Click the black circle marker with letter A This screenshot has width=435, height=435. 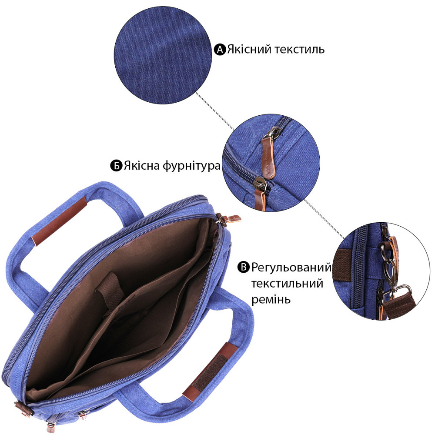(220, 50)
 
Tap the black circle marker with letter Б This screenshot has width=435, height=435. (116, 166)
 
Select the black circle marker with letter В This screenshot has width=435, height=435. (244, 267)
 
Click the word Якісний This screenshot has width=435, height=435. (249, 50)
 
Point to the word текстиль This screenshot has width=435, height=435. (299, 50)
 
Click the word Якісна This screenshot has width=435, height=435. (142, 166)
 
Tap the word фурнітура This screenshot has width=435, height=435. (191, 166)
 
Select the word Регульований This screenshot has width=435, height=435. (291, 268)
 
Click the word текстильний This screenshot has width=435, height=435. (287, 284)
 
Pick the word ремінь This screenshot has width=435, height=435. (271, 300)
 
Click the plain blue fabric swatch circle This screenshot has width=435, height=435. (163, 55)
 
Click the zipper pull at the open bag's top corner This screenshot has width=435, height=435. (228, 218)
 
